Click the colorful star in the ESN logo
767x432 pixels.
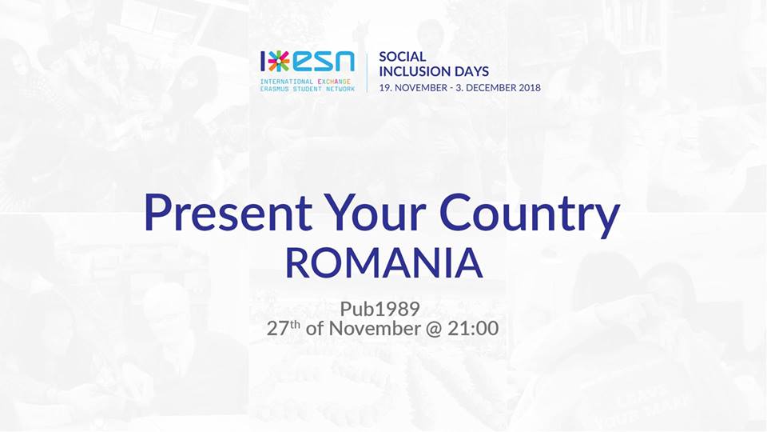click(x=279, y=61)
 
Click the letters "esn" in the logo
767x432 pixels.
click(x=324, y=62)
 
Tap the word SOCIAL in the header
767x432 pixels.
click(x=403, y=56)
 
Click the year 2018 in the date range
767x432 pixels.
click(x=529, y=88)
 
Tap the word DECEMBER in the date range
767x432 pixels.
click(x=491, y=88)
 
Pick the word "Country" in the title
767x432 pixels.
click(x=530, y=215)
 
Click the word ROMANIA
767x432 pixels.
click(x=384, y=263)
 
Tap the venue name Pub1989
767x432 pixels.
click(x=380, y=309)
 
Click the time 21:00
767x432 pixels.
click(x=473, y=328)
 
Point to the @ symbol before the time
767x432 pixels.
click(x=433, y=329)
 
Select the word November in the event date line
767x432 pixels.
click(x=375, y=328)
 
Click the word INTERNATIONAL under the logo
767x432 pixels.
click(x=287, y=82)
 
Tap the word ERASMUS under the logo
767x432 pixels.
click(x=274, y=89)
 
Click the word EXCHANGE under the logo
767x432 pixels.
click(x=334, y=82)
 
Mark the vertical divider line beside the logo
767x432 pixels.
click(x=368, y=73)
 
